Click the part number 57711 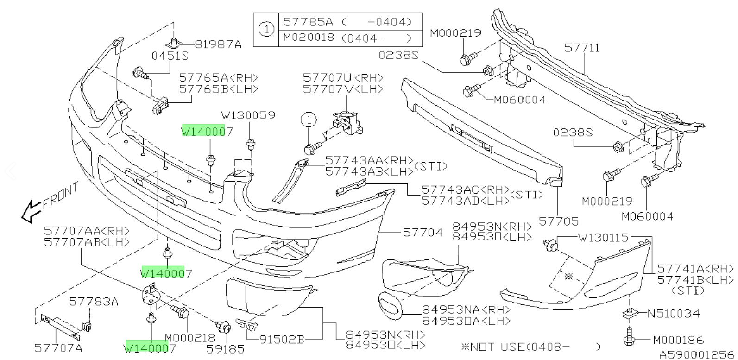pyautogui.click(x=582, y=48)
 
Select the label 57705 pyautogui.click(x=559, y=221)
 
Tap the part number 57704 pyautogui.click(x=423, y=232)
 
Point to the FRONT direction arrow pyautogui.click(x=32, y=210)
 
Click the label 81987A pyautogui.click(x=218, y=44)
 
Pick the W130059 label pyautogui.click(x=248, y=115)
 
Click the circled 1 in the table pyautogui.click(x=266, y=30)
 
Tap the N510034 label pyautogui.click(x=673, y=314)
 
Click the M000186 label pyautogui.click(x=678, y=341)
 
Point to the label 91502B pyautogui.click(x=282, y=340)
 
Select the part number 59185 pyautogui.click(x=225, y=349)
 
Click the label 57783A pyautogui.click(x=94, y=302)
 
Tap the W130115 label pyautogui.click(x=603, y=238)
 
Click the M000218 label pyautogui.click(x=190, y=338)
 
